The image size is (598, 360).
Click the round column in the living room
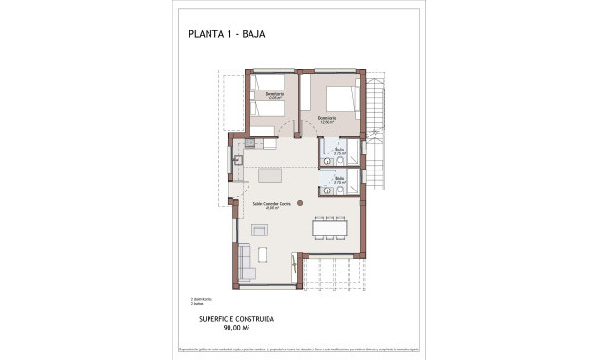pos(299,202)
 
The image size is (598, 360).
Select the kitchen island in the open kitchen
pos(269,175)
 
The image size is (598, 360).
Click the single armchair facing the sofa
pos(259,229)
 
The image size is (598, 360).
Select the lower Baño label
pos(338,179)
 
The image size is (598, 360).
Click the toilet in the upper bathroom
pos(327,148)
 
